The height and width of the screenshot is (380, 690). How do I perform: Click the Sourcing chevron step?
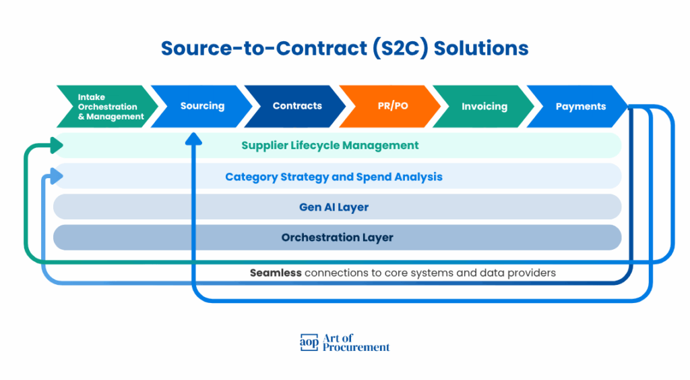point(201,106)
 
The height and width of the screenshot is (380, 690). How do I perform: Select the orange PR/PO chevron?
point(391,106)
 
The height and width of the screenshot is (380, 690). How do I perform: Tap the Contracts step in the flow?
point(296,106)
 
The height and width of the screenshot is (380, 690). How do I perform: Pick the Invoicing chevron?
point(484,106)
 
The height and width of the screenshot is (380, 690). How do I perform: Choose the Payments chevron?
point(577,106)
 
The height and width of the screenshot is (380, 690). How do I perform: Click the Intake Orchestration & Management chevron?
point(108,106)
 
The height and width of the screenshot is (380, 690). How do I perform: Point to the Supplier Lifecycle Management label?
point(330,146)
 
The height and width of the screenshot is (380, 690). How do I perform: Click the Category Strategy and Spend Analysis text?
point(334,177)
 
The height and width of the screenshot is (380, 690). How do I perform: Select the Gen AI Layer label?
point(334,207)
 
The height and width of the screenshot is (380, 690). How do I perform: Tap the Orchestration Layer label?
point(338,238)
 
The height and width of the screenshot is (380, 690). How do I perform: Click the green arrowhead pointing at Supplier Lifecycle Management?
point(57,146)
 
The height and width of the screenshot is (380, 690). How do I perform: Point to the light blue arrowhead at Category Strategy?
point(57,176)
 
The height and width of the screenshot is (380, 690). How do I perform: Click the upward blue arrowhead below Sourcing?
point(193,139)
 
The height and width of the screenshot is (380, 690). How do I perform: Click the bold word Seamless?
point(276,273)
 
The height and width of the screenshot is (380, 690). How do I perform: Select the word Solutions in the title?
point(481,48)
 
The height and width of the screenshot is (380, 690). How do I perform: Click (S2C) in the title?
point(400,49)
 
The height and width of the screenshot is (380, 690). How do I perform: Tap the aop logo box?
point(309,342)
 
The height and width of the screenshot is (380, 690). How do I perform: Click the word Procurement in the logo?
point(356,348)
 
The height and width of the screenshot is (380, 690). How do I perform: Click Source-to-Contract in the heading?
point(264,48)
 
